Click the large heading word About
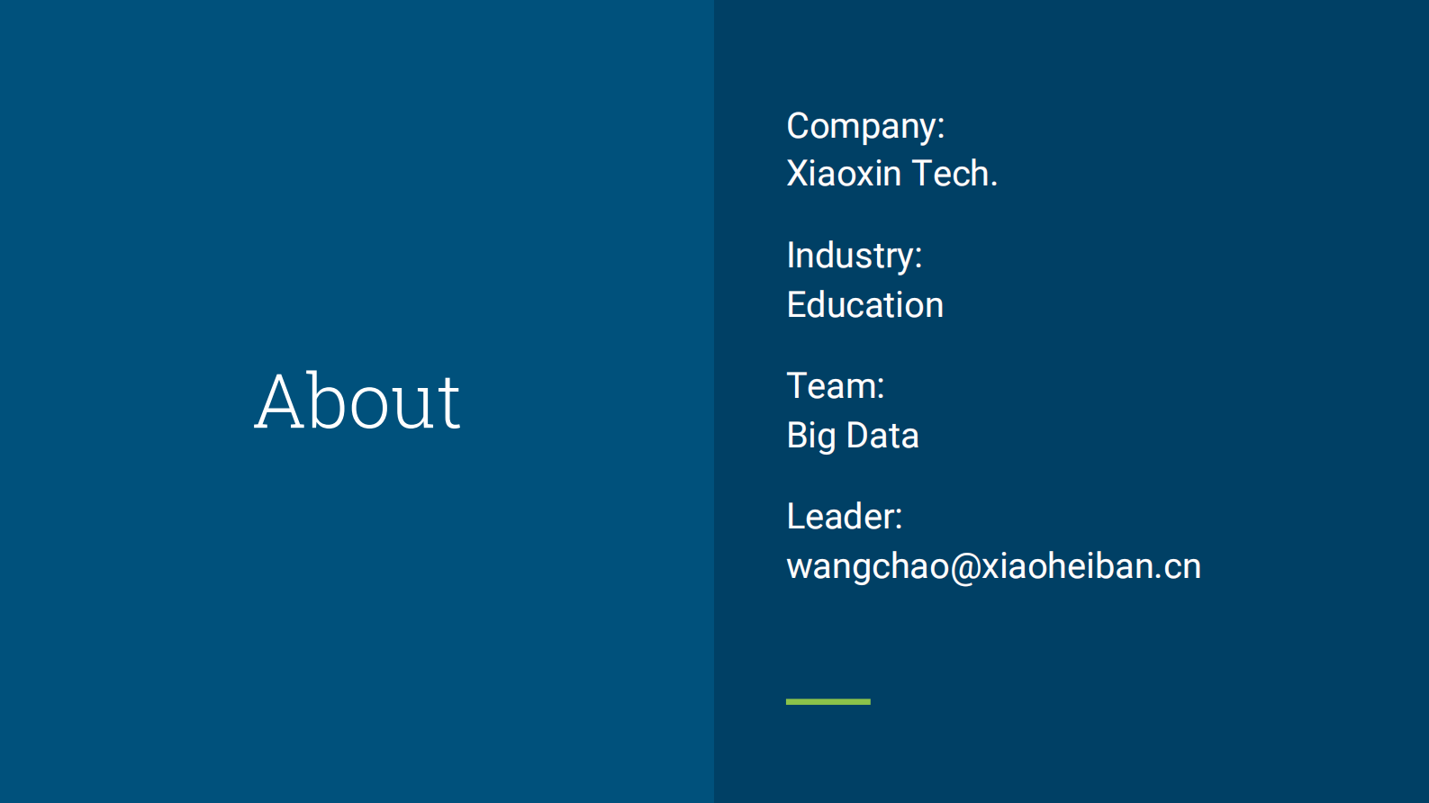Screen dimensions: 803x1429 357,401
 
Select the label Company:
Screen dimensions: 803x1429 865,126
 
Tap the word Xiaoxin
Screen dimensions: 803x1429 844,174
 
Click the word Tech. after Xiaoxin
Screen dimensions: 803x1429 954,174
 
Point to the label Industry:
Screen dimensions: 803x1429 854,257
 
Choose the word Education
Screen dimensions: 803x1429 864,305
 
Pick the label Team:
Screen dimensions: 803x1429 835,386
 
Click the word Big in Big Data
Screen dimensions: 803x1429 811,437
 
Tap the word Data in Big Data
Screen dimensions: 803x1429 882,436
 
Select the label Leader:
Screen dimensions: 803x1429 844,517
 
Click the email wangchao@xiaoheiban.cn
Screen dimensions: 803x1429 993,566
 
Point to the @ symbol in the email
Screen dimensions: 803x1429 965,567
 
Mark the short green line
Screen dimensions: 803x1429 828,701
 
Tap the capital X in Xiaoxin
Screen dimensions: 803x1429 798,174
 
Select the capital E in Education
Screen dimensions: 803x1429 797,305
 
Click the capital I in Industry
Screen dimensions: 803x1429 791,256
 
